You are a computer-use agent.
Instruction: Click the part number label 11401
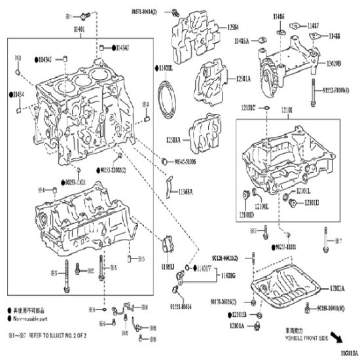point(80,30)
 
